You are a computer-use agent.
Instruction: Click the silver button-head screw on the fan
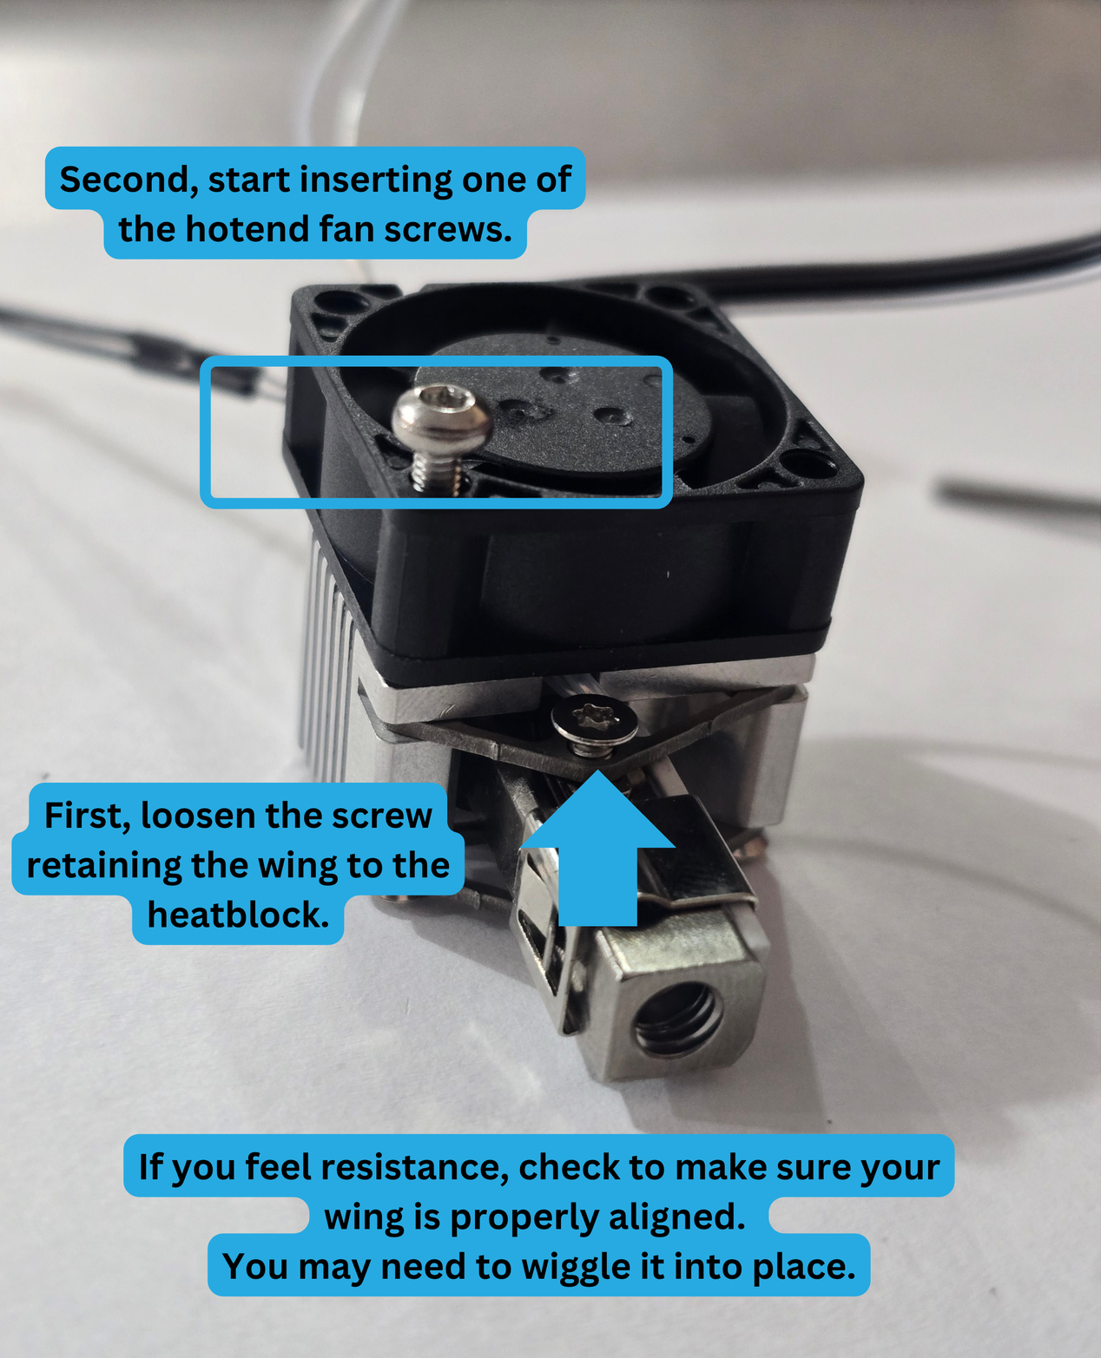click(x=440, y=434)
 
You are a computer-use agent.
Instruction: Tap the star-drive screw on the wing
click(x=594, y=725)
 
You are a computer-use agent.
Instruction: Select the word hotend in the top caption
click(x=247, y=230)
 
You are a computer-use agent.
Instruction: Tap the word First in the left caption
click(x=87, y=816)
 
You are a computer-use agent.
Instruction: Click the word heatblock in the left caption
click(x=238, y=915)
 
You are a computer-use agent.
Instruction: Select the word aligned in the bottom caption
click(x=676, y=1217)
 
